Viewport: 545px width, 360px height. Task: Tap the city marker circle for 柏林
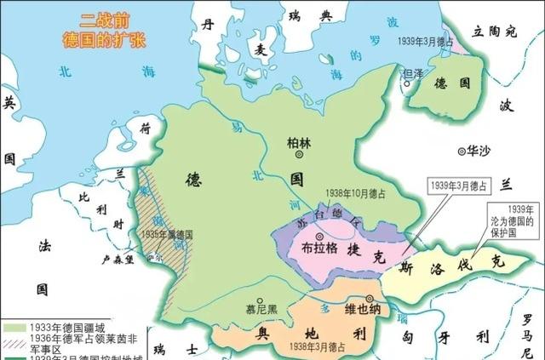coord(298,156)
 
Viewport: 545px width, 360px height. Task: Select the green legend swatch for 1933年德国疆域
coord(14,326)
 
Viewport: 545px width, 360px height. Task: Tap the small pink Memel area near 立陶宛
coord(460,47)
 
